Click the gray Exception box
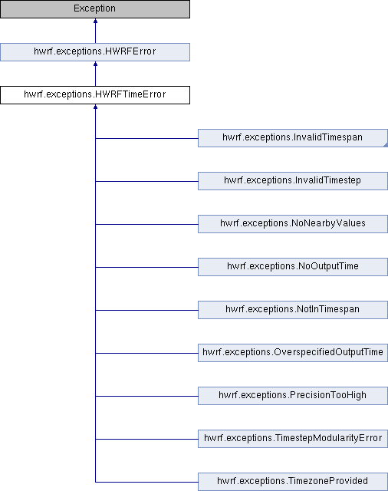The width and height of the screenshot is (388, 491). click(x=95, y=9)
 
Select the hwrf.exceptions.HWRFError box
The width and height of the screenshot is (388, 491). click(x=95, y=52)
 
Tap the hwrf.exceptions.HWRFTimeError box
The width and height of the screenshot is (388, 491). click(x=95, y=95)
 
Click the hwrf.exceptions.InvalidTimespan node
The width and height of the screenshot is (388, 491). click(x=293, y=138)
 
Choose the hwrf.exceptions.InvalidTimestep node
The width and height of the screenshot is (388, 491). click(x=293, y=181)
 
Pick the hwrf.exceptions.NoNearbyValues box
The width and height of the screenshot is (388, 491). click(x=293, y=224)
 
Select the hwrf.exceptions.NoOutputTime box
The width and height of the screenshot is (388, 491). click(x=293, y=267)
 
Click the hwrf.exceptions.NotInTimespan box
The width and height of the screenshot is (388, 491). click(x=293, y=310)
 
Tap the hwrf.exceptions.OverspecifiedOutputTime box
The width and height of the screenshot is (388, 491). click(x=293, y=353)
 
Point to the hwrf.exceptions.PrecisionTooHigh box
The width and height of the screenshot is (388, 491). click(x=293, y=396)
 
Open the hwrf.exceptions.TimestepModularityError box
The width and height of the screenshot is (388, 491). click(x=293, y=439)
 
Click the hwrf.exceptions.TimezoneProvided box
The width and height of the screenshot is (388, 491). click(x=293, y=482)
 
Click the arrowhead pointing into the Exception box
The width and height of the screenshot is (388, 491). click(x=95, y=21)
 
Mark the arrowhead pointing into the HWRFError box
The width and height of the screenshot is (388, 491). click(x=95, y=64)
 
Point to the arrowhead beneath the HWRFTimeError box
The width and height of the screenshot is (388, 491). click(x=95, y=107)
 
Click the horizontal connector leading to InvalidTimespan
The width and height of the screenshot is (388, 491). click(x=146, y=138)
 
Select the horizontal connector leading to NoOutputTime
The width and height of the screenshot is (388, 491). click(x=146, y=267)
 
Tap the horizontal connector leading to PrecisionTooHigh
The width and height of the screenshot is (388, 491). click(x=146, y=396)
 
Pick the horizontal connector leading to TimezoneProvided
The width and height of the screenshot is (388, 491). click(x=146, y=482)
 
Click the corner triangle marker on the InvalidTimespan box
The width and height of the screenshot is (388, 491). click(x=386, y=145)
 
